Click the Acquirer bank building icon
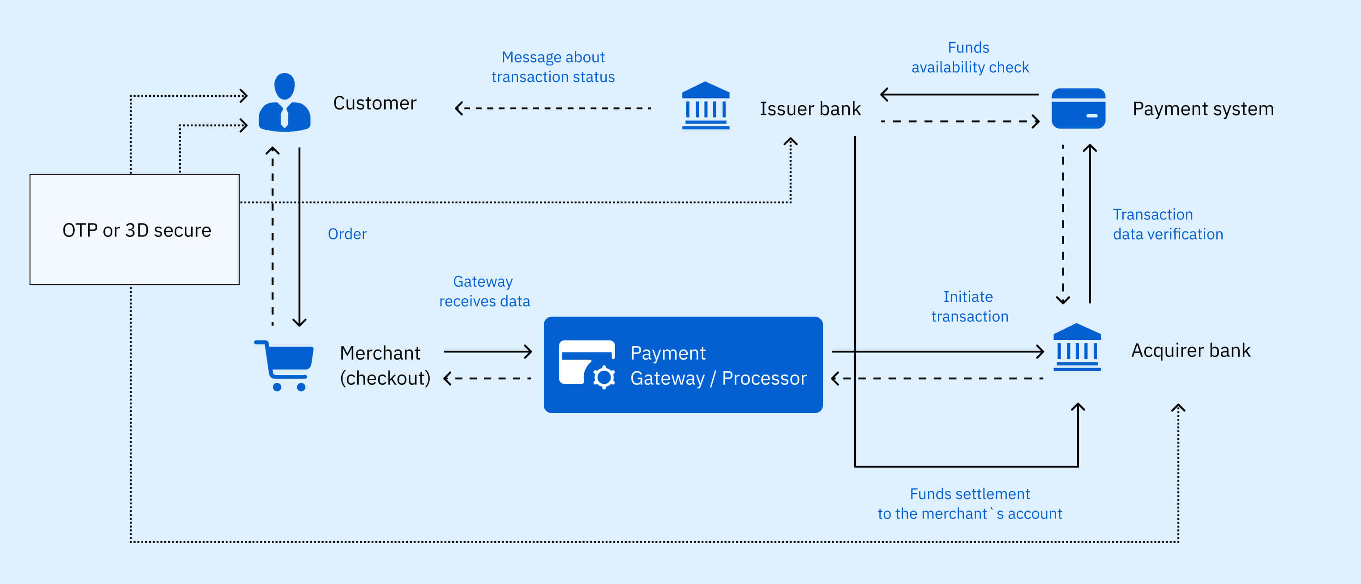click(x=1077, y=347)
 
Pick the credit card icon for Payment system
click(x=1079, y=108)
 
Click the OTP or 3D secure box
click(x=135, y=229)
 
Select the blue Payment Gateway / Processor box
click(x=683, y=365)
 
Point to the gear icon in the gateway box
click(x=604, y=378)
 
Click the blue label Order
click(x=347, y=234)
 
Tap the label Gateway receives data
click(x=484, y=291)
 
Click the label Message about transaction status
click(x=553, y=67)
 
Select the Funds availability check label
click(x=970, y=57)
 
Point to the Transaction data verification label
click(x=1168, y=224)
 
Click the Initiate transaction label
click(x=970, y=306)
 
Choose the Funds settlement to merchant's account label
click(x=970, y=504)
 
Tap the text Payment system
click(x=1203, y=109)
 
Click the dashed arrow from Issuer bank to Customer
click(x=552, y=108)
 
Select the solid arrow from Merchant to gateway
click(x=488, y=352)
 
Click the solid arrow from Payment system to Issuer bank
click(x=959, y=94)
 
